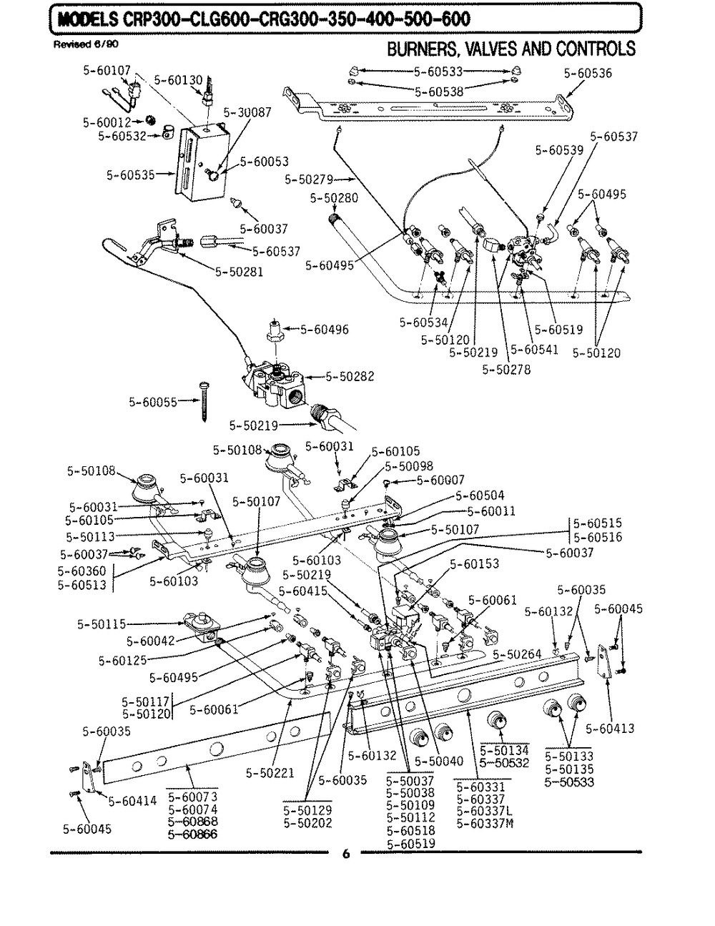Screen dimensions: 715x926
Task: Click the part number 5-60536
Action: click(588, 74)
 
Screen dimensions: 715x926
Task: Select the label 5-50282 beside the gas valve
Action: click(350, 377)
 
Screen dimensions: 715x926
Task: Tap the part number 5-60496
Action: click(325, 330)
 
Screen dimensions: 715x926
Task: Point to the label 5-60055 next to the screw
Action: click(153, 403)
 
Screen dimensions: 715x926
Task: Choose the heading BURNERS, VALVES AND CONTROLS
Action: click(511, 49)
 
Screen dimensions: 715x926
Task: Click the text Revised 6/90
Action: click(86, 44)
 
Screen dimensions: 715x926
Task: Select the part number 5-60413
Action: click(610, 728)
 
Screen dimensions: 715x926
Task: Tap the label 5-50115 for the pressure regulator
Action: click(102, 624)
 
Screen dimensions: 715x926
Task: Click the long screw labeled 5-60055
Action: click(203, 401)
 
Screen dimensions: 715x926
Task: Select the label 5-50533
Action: click(569, 782)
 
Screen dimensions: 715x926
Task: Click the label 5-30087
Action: click(247, 112)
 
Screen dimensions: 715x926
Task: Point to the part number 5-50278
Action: click(506, 370)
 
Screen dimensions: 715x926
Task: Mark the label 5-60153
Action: click(474, 563)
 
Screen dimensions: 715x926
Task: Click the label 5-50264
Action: click(517, 654)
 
